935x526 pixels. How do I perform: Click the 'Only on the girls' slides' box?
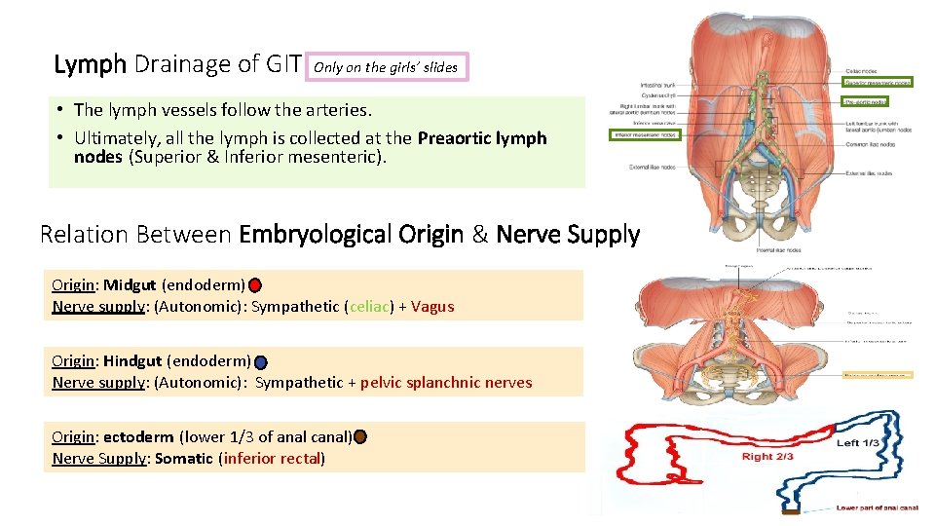pyautogui.click(x=388, y=67)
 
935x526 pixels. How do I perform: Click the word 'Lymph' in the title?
pyautogui.click(x=90, y=65)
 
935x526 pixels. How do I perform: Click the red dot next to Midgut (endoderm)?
pyautogui.click(x=254, y=286)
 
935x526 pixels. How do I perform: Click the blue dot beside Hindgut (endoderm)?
pyautogui.click(x=260, y=362)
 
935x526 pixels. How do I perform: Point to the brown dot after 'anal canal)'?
pyautogui.click(x=360, y=437)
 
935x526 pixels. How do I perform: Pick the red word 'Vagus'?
pyautogui.click(x=432, y=307)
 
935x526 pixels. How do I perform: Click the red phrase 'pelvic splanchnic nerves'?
pyautogui.click(x=446, y=383)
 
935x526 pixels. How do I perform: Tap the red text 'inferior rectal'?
pyautogui.click(x=273, y=459)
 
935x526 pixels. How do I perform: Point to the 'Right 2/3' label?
pyautogui.click(x=767, y=457)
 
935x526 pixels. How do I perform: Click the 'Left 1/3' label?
pyautogui.click(x=857, y=443)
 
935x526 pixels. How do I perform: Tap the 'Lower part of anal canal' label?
pyautogui.click(x=877, y=507)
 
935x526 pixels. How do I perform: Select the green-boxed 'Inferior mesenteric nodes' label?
pyautogui.click(x=644, y=134)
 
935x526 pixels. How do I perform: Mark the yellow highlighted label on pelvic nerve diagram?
pyautogui.click(x=879, y=374)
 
